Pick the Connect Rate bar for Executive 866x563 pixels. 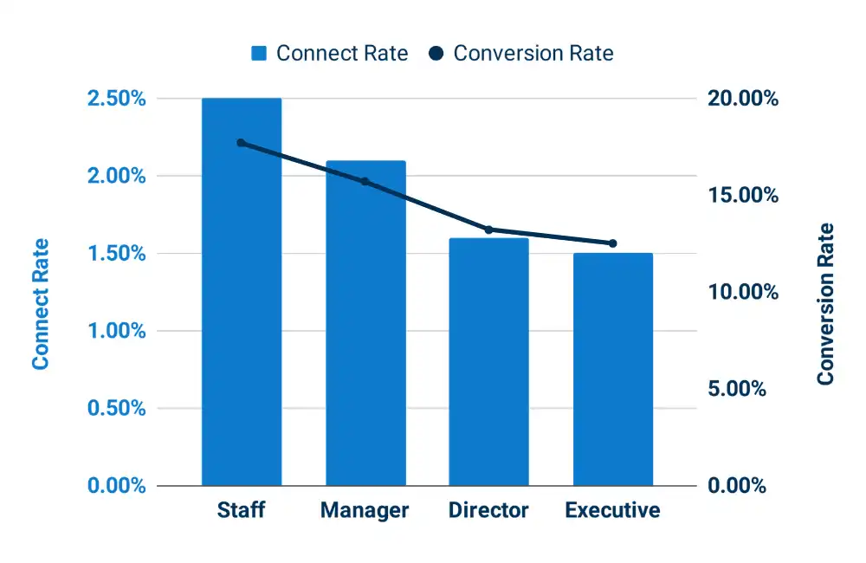pos(612,370)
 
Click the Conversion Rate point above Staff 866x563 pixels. pos(242,143)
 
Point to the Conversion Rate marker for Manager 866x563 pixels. pos(365,182)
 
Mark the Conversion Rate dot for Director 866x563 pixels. pos(488,230)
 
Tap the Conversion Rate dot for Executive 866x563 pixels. pos(612,243)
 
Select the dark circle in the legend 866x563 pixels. pos(436,54)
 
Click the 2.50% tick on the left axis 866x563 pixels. pos(116,99)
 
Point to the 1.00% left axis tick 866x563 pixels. pos(116,331)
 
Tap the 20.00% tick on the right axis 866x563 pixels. pos(743,99)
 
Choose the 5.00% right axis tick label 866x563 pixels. pos(737,389)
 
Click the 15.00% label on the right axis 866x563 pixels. pos(743,196)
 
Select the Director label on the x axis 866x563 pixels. pos(488,510)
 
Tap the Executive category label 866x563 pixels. pos(612,510)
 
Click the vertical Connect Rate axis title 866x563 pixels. pos(41,304)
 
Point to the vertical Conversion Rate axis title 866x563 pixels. pos(826,304)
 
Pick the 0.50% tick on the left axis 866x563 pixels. pos(116,409)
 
